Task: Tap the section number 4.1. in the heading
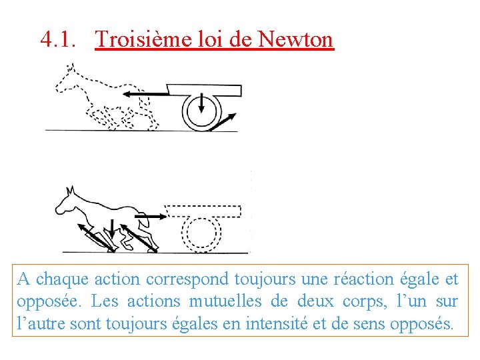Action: [x=58, y=39]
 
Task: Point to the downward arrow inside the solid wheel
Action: [x=202, y=106]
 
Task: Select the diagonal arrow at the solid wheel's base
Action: [x=223, y=121]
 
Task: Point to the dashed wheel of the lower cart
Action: [x=202, y=233]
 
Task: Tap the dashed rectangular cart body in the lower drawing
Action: [x=203, y=211]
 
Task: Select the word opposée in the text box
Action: [x=42, y=302]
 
